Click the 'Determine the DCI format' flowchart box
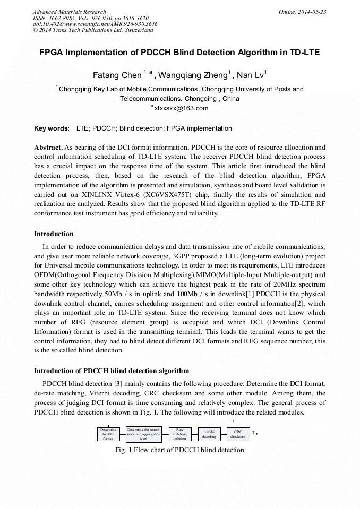point(108,434)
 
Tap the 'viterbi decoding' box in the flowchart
point(209,434)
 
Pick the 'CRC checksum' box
point(238,434)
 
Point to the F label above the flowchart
point(234,421)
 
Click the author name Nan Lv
point(251,75)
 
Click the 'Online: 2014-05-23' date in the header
point(302,12)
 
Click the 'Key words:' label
point(52,128)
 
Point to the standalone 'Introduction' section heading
point(54,234)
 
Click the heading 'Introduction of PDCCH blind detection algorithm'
point(112,370)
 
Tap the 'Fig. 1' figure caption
point(179,450)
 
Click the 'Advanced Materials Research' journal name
point(69,12)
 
